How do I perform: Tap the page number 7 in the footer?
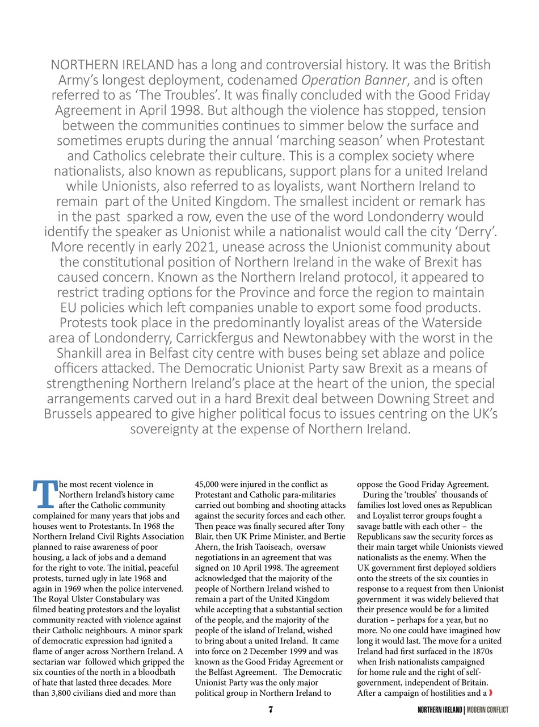pos(271,710)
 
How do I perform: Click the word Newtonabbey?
pos(346,338)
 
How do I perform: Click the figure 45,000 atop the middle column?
pos(210,484)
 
